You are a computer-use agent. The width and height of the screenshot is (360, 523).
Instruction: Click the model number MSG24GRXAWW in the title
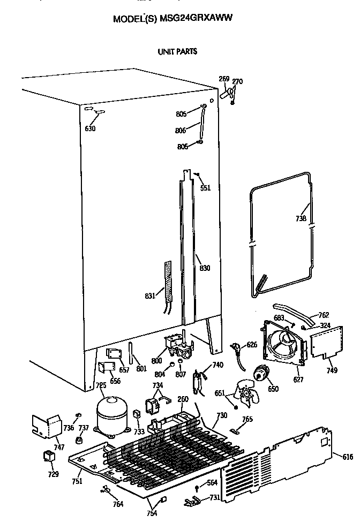[196, 18]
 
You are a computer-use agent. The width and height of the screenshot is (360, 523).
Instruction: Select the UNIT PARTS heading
[177, 51]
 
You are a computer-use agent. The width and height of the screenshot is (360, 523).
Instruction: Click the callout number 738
[301, 218]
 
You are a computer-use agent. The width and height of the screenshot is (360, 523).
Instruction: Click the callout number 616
[347, 457]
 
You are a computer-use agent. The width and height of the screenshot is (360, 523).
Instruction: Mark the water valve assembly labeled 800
[177, 345]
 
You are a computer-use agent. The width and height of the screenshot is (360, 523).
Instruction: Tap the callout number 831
[150, 295]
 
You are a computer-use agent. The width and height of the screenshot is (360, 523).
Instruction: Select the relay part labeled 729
[49, 456]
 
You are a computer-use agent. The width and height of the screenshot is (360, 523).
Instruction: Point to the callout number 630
[90, 128]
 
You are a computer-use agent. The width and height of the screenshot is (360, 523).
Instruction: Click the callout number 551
[205, 188]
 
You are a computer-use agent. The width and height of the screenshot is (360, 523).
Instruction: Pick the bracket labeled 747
[47, 427]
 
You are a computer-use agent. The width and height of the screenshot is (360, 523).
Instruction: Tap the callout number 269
[224, 79]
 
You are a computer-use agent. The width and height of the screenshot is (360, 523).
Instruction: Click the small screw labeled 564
[197, 489]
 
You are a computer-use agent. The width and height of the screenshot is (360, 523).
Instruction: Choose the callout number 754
[152, 513]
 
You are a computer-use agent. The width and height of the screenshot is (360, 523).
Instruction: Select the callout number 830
[205, 268]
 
